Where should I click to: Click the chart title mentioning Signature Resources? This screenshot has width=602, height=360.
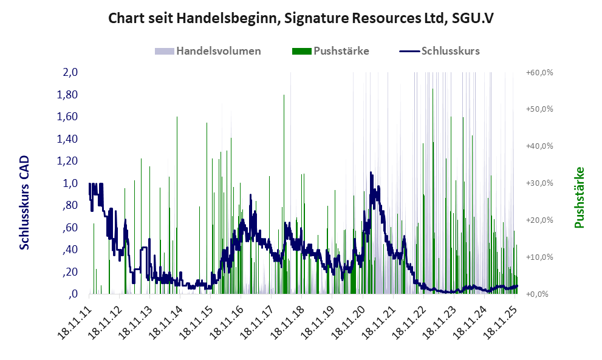coord(301,18)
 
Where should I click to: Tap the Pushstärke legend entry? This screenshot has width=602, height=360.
coord(341,51)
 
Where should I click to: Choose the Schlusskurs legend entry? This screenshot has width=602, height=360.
coord(450,51)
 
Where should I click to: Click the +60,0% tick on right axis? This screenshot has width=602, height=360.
coord(539,72)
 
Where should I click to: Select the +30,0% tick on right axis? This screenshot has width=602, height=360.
coord(539,183)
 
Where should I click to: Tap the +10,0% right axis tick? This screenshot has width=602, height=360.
coord(539,257)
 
